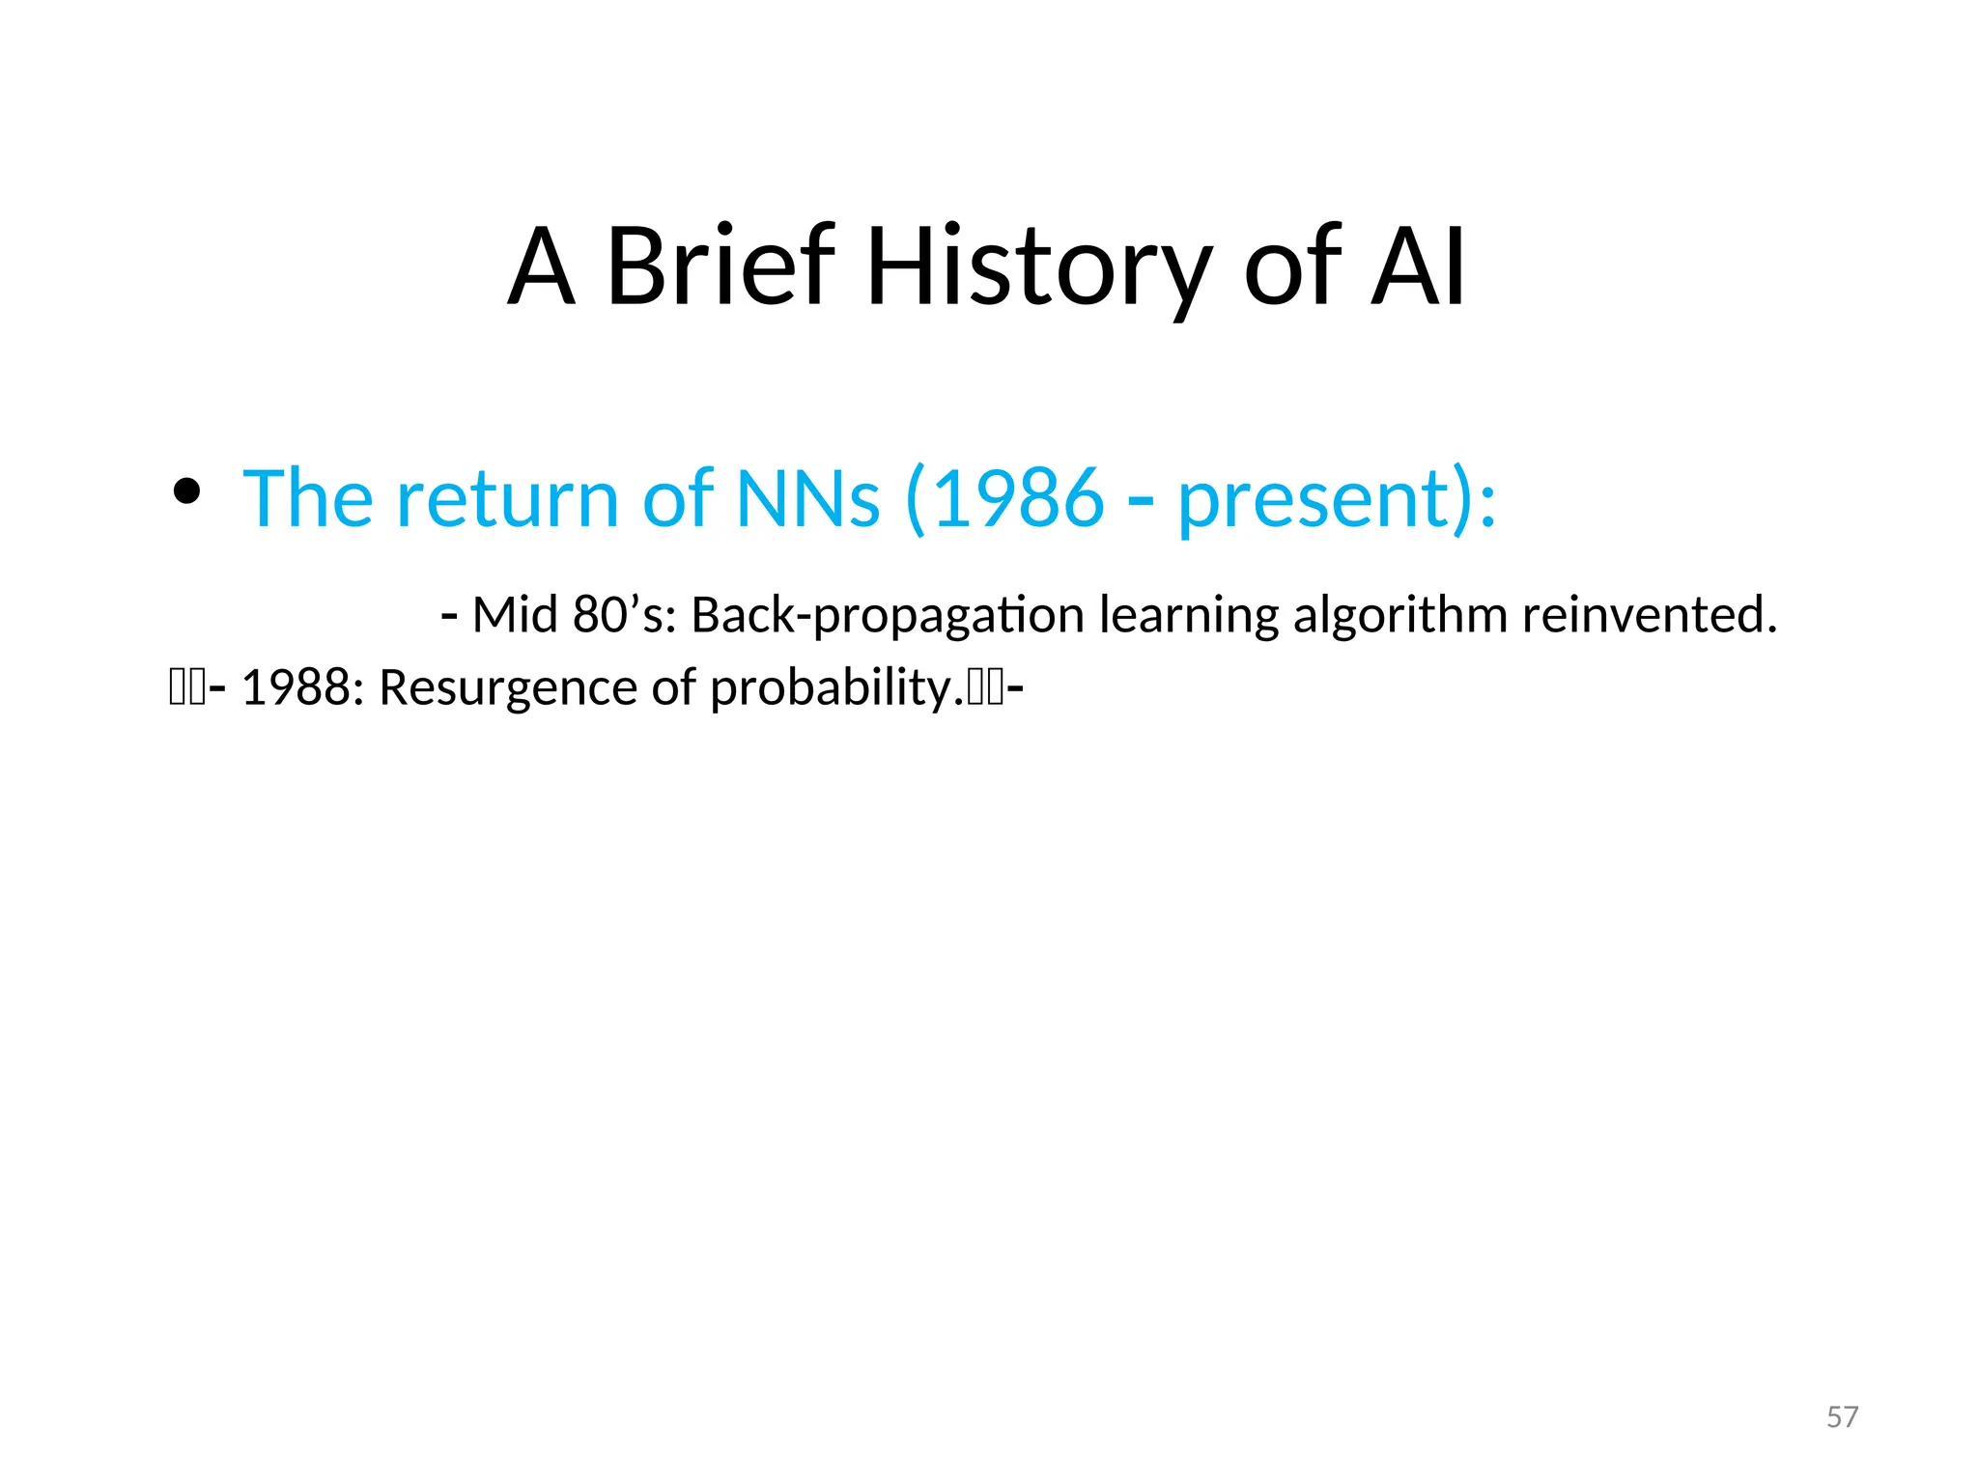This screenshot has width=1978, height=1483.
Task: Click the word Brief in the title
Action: click(x=720, y=266)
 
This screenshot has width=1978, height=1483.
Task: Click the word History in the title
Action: click(x=1039, y=266)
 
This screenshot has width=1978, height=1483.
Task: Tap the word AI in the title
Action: click(x=1418, y=266)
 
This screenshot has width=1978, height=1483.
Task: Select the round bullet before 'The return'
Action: click(x=185, y=492)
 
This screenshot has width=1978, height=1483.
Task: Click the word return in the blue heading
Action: click(x=507, y=498)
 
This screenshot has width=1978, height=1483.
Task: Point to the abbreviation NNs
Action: click(x=807, y=498)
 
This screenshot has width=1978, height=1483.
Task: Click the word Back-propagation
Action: click(x=888, y=617)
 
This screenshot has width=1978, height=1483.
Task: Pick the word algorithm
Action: click(x=1399, y=617)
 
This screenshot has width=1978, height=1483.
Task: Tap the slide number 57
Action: click(x=1842, y=1416)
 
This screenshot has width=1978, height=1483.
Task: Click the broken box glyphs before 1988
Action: click(x=187, y=688)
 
